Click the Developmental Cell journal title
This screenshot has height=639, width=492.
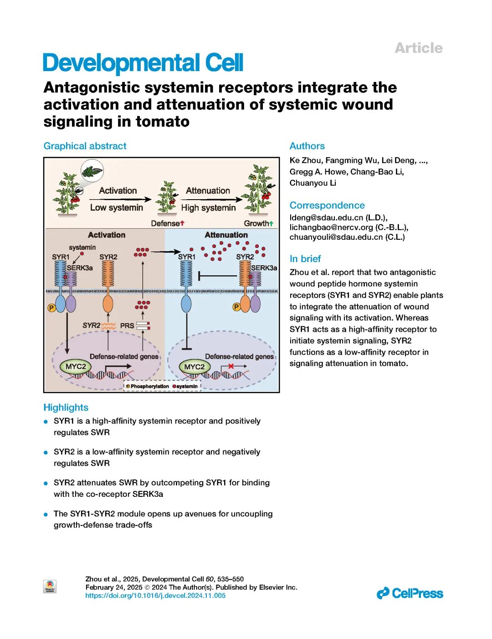point(143,63)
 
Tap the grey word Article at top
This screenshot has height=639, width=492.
point(418,48)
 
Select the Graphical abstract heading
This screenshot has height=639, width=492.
point(85,146)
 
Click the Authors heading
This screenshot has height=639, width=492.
point(307,146)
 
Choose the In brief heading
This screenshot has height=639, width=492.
point(305,259)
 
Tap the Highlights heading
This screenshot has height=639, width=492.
point(66,407)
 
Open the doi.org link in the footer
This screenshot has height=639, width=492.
point(155,595)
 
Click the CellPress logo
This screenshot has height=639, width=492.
point(410,593)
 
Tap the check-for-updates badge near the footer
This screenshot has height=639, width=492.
point(50,586)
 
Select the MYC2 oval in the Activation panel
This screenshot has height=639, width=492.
point(75,366)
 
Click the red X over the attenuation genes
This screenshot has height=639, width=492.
point(231,366)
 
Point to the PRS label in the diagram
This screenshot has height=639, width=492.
point(127,325)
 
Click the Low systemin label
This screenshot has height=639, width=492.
point(117,207)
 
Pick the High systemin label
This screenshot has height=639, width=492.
point(208,208)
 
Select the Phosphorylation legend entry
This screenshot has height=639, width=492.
point(147,386)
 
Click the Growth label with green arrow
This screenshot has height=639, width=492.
point(258,223)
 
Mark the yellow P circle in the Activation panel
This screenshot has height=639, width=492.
point(51,308)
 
